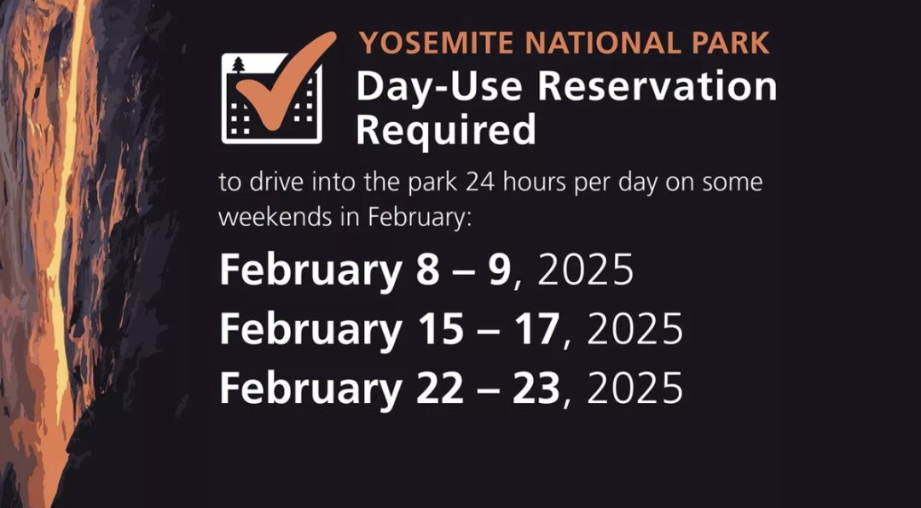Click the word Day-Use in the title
(x=438, y=86)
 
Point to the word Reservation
(x=657, y=86)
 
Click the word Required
(x=446, y=129)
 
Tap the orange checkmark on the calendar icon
(x=286, y=80)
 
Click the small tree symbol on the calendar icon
(x=238, y=65)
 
